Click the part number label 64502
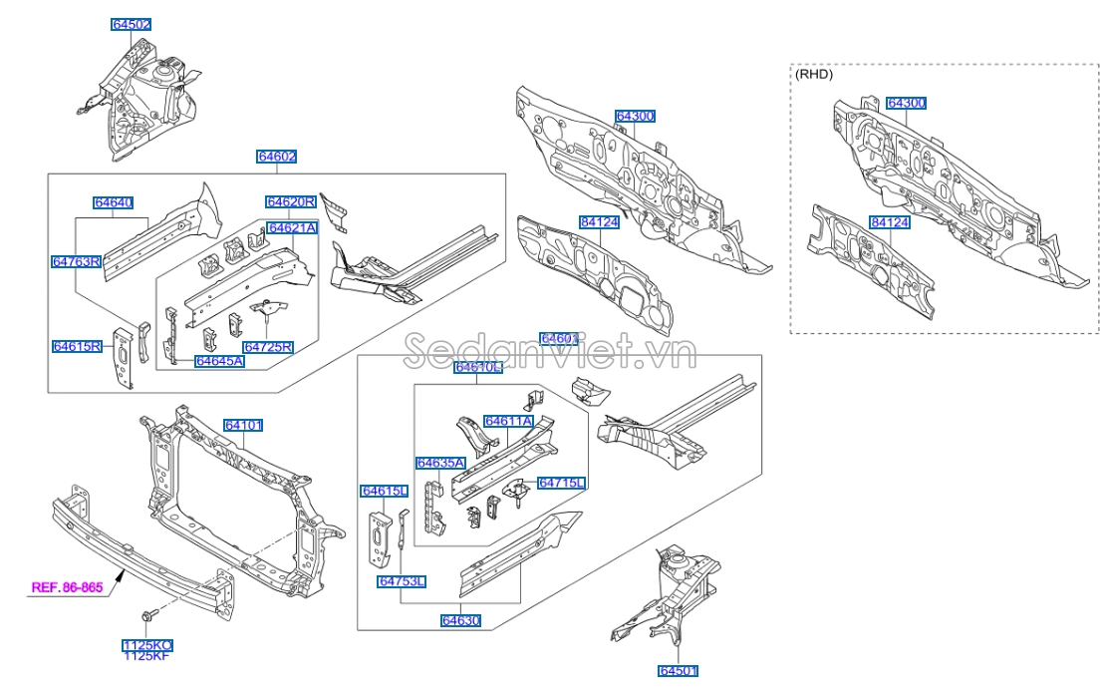point(132,24)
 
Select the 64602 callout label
point(277,157)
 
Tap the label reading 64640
point(114,202)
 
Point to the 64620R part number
point(291,202)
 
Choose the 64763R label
point(77,261)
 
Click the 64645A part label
point(219,361)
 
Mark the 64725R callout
point(268,347)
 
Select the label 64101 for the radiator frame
point(243,426)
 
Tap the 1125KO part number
point(147,645)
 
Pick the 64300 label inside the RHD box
point(907,103)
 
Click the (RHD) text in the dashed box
point(813,74)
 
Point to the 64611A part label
point(508,422)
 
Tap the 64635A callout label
point(440,463)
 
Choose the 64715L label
point(562,483)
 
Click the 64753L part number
point(402,581)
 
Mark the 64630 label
point(461,620)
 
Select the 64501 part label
point(679,671)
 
